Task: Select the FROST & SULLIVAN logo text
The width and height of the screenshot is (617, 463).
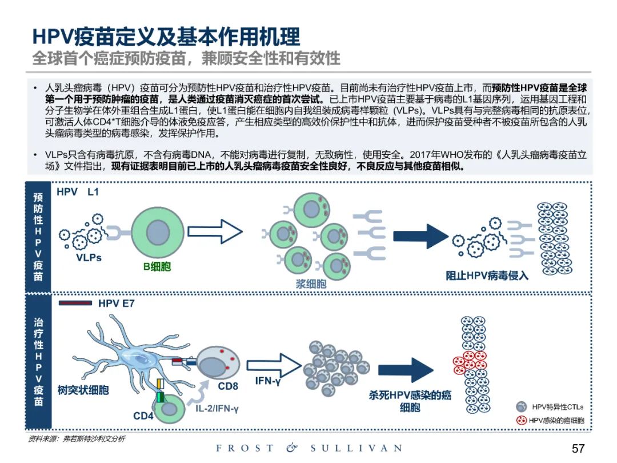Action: pyautogui.click(x=308, y=449)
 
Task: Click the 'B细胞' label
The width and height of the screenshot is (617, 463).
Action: pyautogui.click(x=157, y=267)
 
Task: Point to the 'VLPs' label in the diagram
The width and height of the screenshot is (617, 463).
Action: pyautogui.click(x=89, y=258)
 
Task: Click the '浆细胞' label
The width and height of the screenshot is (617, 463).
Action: pyautogui.click(x=311, y=284)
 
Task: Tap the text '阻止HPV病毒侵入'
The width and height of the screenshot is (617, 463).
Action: pyautogui.click(x=487, y=276)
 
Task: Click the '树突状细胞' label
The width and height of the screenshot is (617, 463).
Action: pyautogui.click(x=83, y=391)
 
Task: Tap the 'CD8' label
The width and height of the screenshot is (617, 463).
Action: pyautogui.click(x=228, y=386)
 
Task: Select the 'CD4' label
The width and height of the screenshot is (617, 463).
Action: pyautogui.click(x=143, y=416)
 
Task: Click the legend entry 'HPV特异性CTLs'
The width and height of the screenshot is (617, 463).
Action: pyautogui.click(x=557, y=408)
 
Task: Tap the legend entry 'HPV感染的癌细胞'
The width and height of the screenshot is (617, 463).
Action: pyautogui.click(x=557, y=421)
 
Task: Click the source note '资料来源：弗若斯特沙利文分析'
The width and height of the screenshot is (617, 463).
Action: pyautogui.click(x=77, y=439)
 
